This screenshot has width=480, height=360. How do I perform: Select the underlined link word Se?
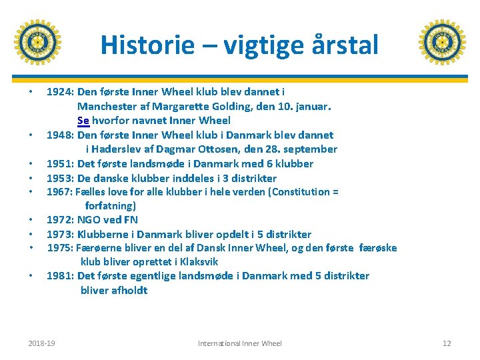[x=83, y=121]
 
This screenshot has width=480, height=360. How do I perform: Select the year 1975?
[x=61, y=248]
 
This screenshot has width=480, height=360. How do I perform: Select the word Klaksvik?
[x=195, y=262]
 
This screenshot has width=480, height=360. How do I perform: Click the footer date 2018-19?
[x=42, y=343]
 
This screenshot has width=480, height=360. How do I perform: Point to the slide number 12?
[x=447, y=343]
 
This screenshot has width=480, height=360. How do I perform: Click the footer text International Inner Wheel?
[x=240, y=343]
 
